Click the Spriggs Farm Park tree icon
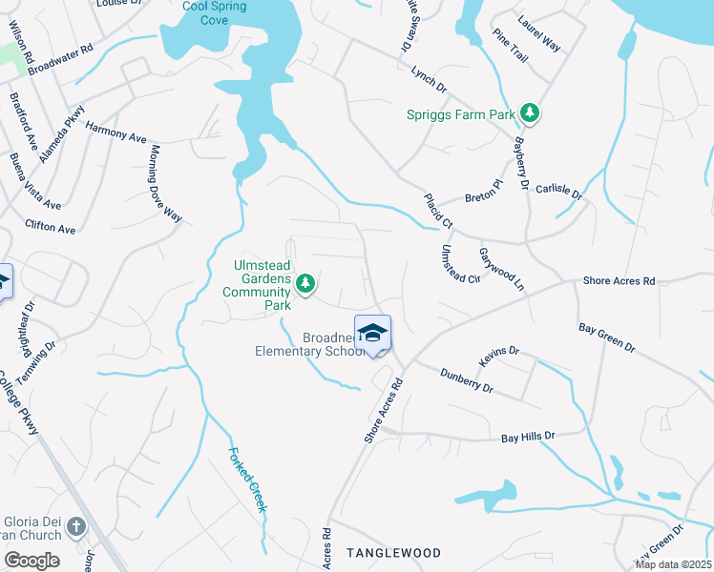(x=530, y=114)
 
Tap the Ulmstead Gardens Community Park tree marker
(x=305, y=282)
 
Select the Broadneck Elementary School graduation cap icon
(x=372, y=333)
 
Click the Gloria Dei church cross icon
(x=76, y=525)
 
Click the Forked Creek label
(x=246, y=480)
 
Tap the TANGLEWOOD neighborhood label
(x=393, y=553)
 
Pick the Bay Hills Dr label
(x=528, y=438)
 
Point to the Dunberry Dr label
(x=467, y=381)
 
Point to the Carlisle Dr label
(x=558, y=190)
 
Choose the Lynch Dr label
(x=429, y=78)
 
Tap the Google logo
(x=31, y=561)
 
